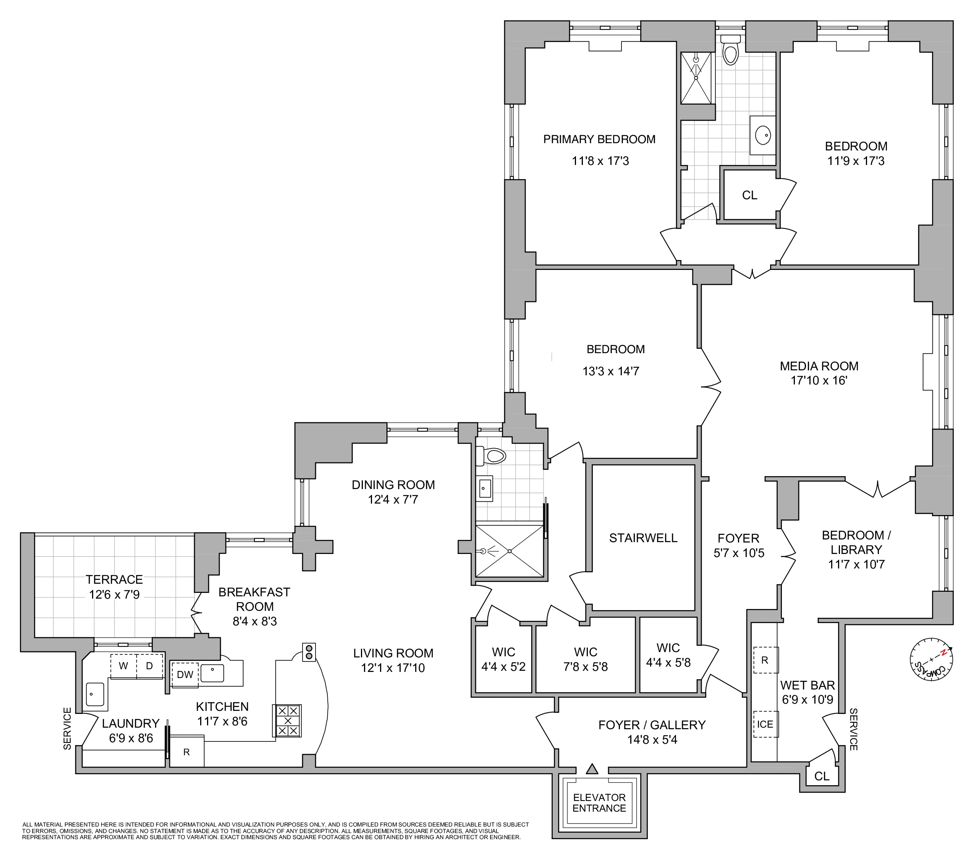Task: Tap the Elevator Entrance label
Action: point(599,803)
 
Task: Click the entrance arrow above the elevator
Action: point(592,769)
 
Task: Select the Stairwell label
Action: point(643,538)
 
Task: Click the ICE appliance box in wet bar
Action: point(765,724)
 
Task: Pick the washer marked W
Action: point(123,666)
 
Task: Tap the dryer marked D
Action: point(149,666)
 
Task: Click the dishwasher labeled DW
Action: point(185,675)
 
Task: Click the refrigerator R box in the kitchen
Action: point(187,752)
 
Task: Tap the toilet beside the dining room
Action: point(491,456)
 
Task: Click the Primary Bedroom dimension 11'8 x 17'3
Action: point(600,161)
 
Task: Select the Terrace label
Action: point(114,580)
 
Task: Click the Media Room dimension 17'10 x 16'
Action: point(819,381)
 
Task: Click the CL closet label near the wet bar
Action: point(822,776)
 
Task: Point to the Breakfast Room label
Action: point(254,599)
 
